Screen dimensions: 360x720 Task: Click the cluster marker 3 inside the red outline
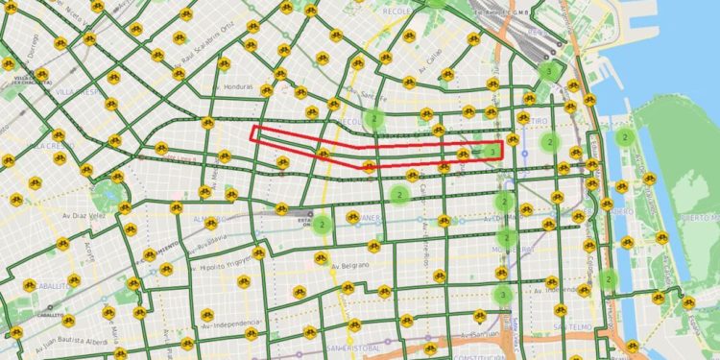tap(492, 151)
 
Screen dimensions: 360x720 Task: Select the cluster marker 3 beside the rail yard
tap(548, 70)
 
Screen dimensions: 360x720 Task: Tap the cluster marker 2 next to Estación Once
tap(322, 224)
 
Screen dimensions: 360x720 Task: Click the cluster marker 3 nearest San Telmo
tap(502, 295)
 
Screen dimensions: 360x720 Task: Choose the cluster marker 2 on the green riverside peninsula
tap(624, 137)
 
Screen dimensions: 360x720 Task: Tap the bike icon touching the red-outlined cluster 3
tap(465, 154)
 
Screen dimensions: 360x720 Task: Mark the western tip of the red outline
tap(252, 133)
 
